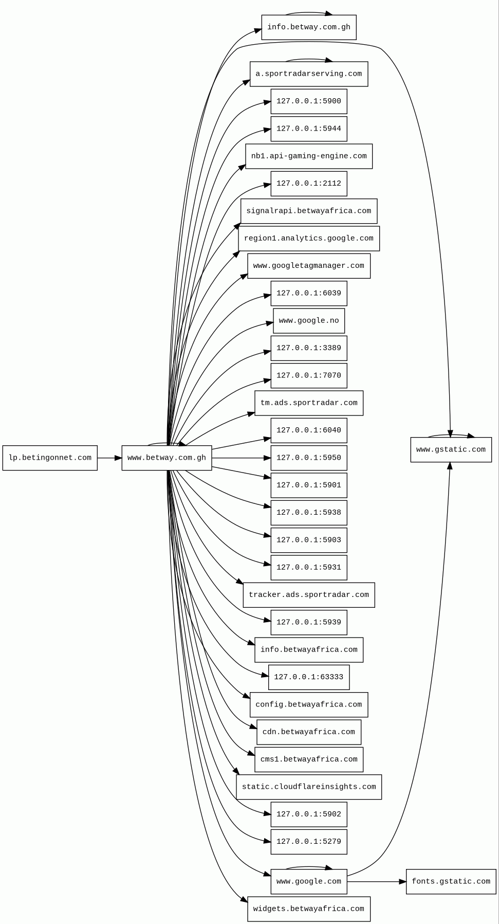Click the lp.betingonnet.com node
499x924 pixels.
coord(50,458)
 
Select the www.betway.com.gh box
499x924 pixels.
coord(167,458)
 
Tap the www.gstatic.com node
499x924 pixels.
coord(451,450)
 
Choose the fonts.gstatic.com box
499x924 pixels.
coord(451,881)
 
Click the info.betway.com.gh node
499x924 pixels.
coord(308,27)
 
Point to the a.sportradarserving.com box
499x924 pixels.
coord(308,74)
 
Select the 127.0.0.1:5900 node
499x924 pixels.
coord(308,101)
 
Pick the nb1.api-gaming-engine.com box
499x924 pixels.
coord(308,156)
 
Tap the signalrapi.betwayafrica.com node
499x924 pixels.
coord(308,211)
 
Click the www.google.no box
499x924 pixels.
coord(308,321)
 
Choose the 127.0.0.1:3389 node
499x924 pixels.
coord(308,348)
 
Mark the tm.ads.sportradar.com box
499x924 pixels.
coord(308,403)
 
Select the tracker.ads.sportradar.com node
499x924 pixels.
coord(308,595)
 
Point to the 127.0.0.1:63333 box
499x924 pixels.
coord(308,677)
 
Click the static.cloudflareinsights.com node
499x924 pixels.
coord(308,787)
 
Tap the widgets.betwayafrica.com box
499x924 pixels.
coord(308,909)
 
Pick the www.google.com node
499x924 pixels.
coord(308,881)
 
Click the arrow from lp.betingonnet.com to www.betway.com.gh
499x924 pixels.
coord(109,458)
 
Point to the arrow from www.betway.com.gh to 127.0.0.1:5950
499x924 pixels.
coord(241,458)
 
